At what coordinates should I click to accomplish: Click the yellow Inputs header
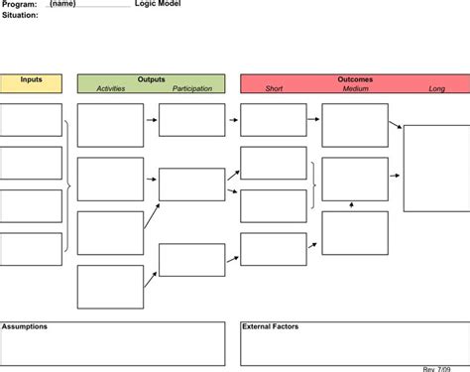(31, 79)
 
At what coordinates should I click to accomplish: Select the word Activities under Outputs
(111, 89)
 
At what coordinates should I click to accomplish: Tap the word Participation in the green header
(192, 89)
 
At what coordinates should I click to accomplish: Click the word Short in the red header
(274, 89)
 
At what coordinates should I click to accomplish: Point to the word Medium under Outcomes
(356, 89)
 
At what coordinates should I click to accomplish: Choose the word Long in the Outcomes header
(436, 89)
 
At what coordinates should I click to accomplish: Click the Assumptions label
(25, 326)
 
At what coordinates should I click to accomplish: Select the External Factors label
(271, 326)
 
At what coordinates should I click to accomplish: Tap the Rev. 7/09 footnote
(437, 368)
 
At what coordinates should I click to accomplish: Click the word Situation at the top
(20, 15)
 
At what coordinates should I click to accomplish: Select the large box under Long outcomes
(436, 168)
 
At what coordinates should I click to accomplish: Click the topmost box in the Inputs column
(31, 120)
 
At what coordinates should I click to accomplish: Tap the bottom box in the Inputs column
(31, 250)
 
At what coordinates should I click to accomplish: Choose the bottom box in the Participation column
(191, 260)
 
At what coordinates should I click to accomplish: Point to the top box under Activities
(110, 125)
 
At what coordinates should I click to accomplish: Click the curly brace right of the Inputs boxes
(67, 186)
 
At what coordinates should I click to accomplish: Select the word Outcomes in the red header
(355, 79)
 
